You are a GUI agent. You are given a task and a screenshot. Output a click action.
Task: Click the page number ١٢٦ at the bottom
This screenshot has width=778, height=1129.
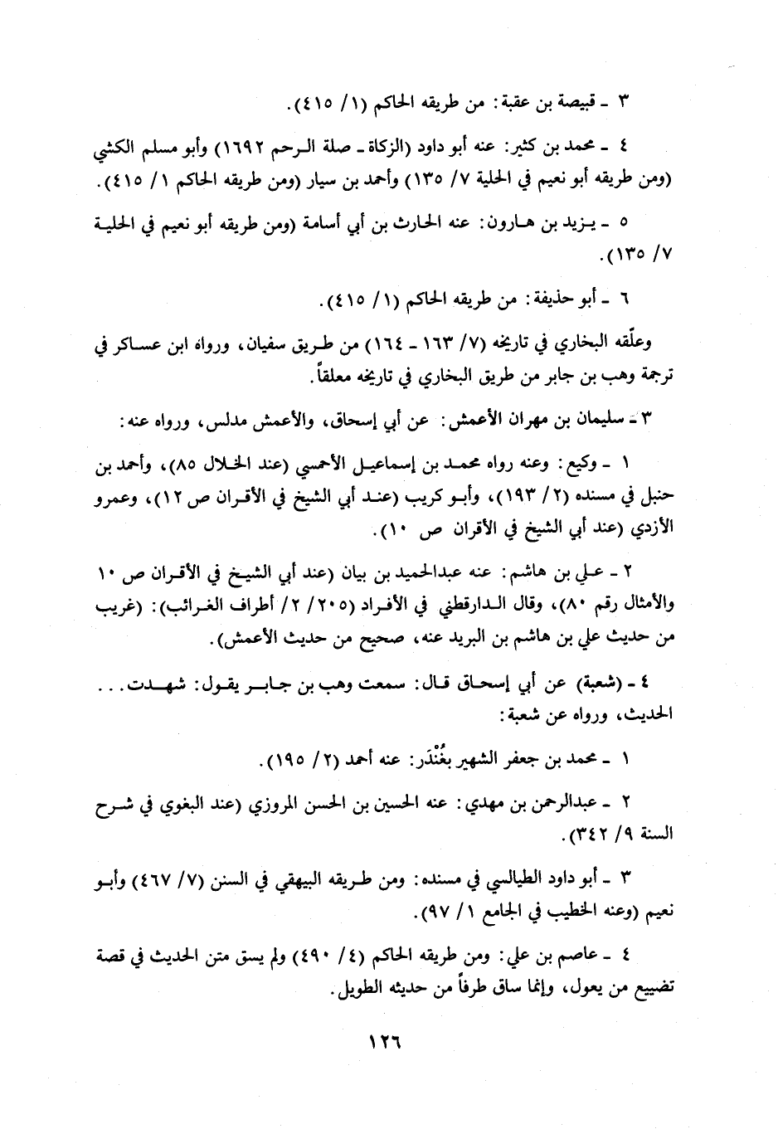point(382,1039)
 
